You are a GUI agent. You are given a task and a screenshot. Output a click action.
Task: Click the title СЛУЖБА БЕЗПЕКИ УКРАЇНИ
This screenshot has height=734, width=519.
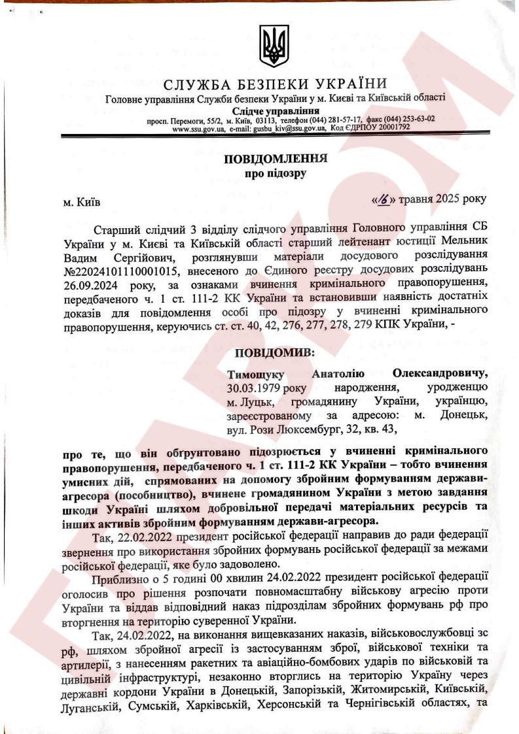[x=275, y=84]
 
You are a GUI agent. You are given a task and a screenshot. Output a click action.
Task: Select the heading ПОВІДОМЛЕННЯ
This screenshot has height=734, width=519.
[x=276, y=159]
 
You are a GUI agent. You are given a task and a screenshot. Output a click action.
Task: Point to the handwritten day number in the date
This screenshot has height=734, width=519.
[x=382, y=198]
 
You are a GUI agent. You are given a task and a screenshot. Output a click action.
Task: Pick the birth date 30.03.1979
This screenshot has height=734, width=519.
[x=255, y=386]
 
